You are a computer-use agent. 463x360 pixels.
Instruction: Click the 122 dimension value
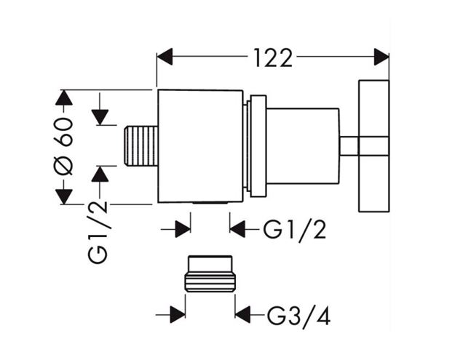273,58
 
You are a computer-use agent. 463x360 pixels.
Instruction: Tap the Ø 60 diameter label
63,146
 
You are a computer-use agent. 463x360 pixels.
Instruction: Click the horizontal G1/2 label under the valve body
295,230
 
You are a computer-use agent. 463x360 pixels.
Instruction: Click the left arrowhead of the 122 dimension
165,57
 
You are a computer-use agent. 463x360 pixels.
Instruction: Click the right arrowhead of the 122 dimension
381,57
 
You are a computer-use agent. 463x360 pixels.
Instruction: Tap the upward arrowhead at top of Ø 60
64,97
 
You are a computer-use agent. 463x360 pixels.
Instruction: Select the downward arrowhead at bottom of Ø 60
64,196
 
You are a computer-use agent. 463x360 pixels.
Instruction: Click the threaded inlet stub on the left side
141,145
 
